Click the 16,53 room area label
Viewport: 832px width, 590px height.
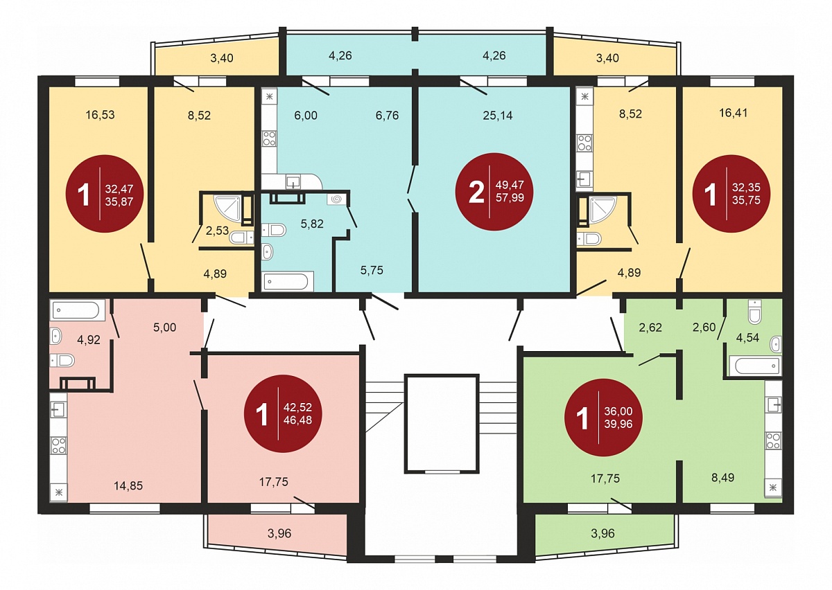click(x=101, y=115)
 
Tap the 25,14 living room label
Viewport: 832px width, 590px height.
click(x=498, y=116)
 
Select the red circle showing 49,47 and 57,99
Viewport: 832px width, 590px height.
click(x=494, y=191)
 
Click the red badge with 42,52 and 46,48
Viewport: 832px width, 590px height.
click(x=283, y=413)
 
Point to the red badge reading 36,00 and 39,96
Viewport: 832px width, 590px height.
click(x=604, y=418)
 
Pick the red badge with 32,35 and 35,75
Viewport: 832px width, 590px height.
click(x=731, y=194)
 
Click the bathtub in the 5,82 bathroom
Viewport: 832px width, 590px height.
click(x=288, y=282)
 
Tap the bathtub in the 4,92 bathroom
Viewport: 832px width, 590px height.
click(x=77, y=310)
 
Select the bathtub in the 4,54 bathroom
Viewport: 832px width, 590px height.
click(x=755, y=366)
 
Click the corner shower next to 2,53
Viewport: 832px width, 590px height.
click(x=227, y=209)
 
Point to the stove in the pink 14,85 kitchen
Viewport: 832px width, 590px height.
click(x=59, y=445)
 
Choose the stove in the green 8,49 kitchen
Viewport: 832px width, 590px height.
click(x=773, y=441)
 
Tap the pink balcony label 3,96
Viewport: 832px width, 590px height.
click(x=279, y=533)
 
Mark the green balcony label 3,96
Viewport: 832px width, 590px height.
click(x=603, y=533)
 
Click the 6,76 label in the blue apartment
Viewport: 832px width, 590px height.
click(x=387, y=116)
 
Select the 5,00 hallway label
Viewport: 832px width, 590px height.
click(x=164, y=328)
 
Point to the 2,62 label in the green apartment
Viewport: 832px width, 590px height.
click(x=650, y=328)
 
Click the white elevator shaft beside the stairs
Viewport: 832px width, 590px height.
click(x=441, y=423)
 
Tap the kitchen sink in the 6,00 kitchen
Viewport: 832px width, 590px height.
click(x=293, y=182)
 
